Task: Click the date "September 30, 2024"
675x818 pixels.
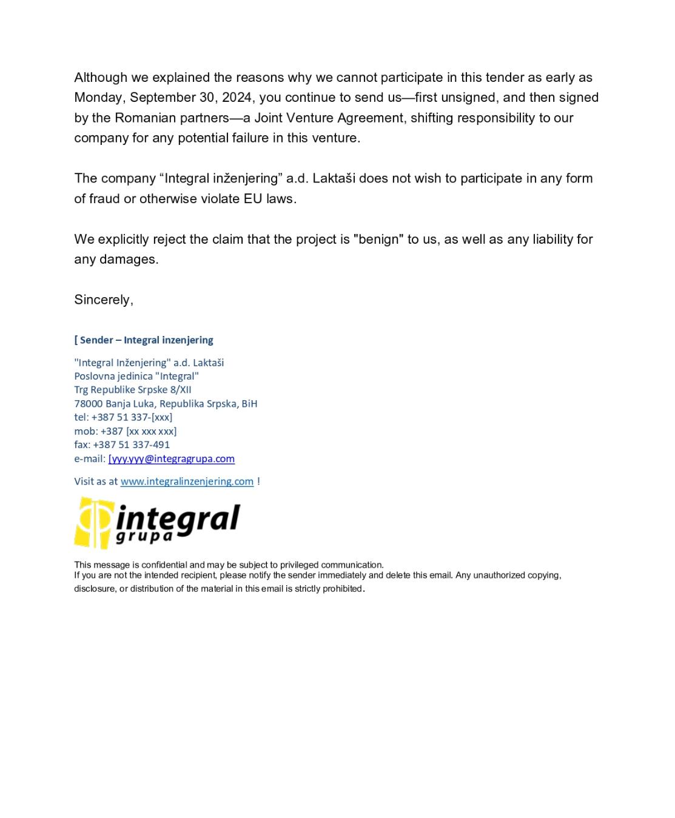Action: (190, 98)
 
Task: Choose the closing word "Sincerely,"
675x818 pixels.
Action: (104, 300)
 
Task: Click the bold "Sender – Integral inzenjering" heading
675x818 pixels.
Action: (146, 340)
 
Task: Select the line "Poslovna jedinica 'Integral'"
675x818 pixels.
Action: (136, 376)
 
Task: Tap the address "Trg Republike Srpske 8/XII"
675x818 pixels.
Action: (133, 390)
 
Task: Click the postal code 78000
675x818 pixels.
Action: (89, 404)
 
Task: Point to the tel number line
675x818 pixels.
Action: (123, 417)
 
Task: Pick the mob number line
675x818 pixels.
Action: (126, 431)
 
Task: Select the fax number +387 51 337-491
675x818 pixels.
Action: (131, 444)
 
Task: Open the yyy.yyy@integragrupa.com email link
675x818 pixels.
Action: (172, 459)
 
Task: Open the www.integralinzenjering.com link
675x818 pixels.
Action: (187, 481)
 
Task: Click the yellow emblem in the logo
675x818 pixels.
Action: (93, 523)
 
